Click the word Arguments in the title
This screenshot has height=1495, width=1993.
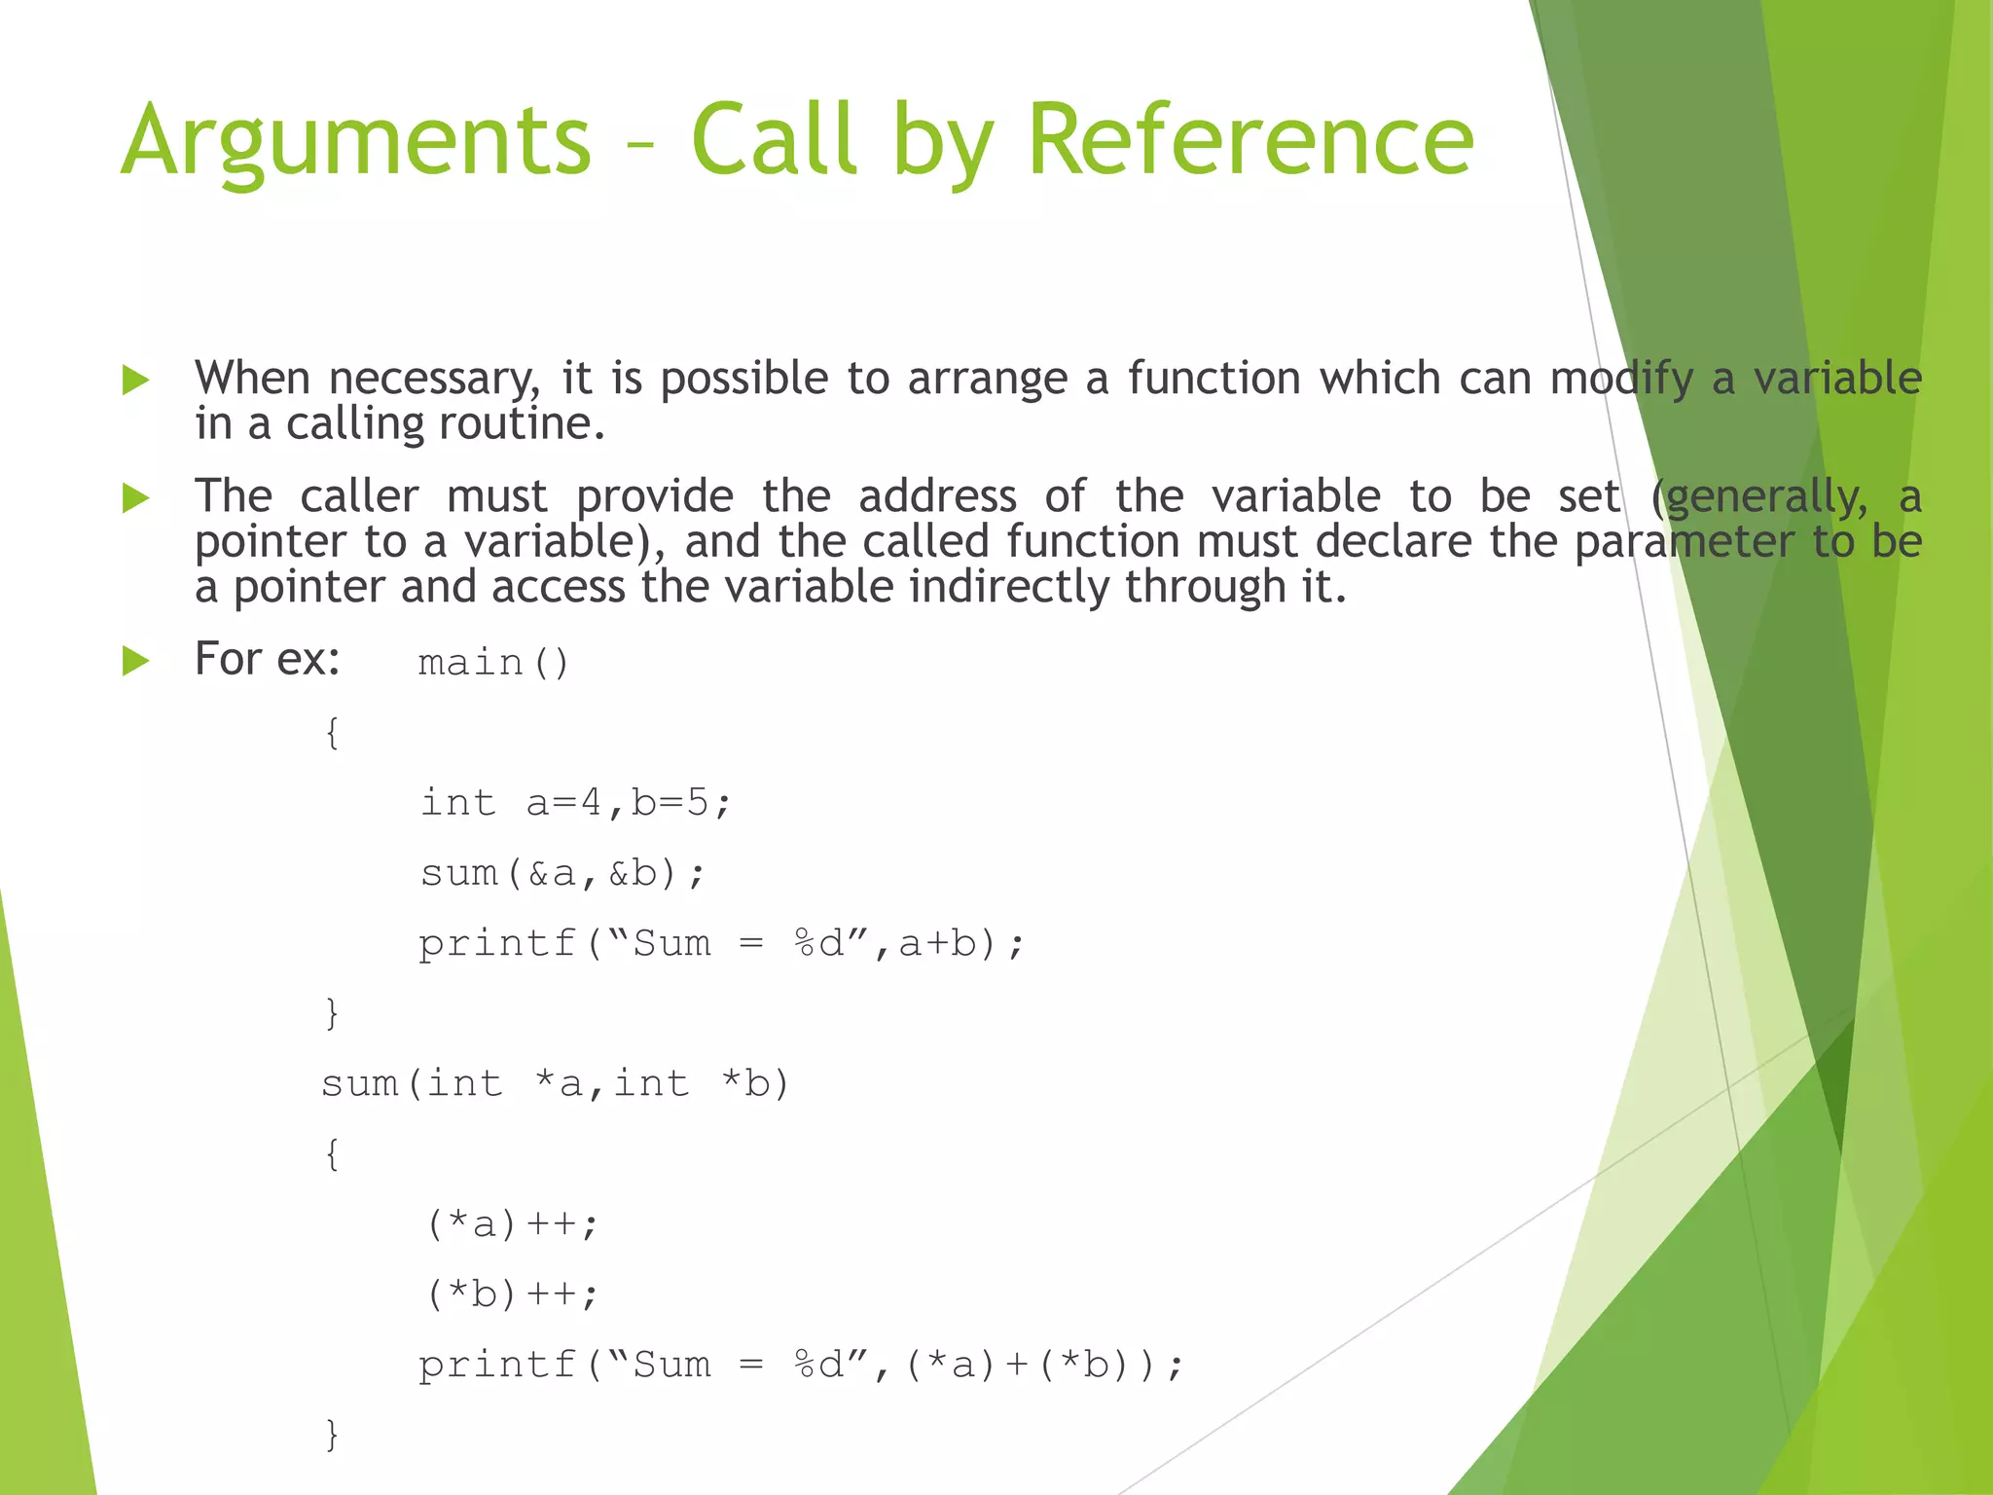click(356, 141)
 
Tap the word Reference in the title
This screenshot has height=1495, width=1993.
click(1250, 141)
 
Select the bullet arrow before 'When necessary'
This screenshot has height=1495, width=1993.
click(136, 380)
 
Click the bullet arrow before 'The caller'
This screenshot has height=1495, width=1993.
click(136, 498)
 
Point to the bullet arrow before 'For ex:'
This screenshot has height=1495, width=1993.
click(136, 662)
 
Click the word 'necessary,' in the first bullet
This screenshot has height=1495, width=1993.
click(434, 379)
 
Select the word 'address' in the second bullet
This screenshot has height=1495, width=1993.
click(937, 497)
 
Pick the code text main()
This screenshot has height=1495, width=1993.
click(493, 663)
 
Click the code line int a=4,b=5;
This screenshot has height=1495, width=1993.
click(575, 803)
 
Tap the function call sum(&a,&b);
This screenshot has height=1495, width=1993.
click(562, 873)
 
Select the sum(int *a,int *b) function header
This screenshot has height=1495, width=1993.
click(555, 1083)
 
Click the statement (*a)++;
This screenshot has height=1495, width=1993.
click(512, 1223)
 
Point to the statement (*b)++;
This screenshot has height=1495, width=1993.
click(512, 1294)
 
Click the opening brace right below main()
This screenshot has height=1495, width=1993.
click(332, 733)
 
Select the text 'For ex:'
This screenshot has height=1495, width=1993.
click(268, 659)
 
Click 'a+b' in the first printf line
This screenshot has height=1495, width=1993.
click(937, 943)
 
